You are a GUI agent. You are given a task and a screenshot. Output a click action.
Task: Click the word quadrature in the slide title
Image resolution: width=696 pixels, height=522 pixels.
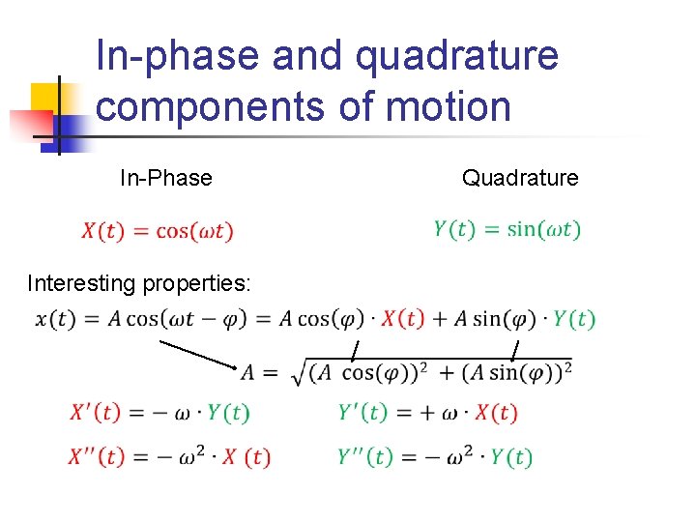[457, 56]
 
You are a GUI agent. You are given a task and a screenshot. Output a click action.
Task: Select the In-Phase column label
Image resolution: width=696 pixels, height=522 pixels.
[165, 178]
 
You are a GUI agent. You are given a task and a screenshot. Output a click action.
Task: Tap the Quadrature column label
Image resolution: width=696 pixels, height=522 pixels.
[520, 178]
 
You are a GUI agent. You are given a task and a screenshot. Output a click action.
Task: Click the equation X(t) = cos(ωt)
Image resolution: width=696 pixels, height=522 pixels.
[158, 231]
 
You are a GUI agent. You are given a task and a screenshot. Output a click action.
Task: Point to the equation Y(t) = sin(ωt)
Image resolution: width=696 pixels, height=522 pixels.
[507, 229]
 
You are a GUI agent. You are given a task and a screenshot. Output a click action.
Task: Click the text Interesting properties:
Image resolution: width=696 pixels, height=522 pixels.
[139, 283]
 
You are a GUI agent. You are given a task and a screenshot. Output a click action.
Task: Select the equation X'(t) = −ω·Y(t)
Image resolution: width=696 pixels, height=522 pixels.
[159, 413]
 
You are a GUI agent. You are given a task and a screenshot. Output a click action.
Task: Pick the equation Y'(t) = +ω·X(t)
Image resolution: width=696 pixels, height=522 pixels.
[427, 413]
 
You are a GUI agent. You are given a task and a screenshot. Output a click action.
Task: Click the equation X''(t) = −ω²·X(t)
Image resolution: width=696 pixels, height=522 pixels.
[169, 456]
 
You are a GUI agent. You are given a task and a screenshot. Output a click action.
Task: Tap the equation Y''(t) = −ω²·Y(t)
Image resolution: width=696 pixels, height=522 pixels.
[435, 456]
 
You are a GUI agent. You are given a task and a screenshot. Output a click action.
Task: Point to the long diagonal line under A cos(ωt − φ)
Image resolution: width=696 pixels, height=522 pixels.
[198, 354]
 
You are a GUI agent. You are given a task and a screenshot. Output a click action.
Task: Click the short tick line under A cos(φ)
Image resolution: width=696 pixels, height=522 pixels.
[355, 350]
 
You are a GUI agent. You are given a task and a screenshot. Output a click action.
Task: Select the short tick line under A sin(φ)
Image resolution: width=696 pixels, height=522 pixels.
[514, 350]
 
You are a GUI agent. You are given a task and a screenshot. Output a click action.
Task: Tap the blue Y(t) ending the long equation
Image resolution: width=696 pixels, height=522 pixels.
[574, 319]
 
